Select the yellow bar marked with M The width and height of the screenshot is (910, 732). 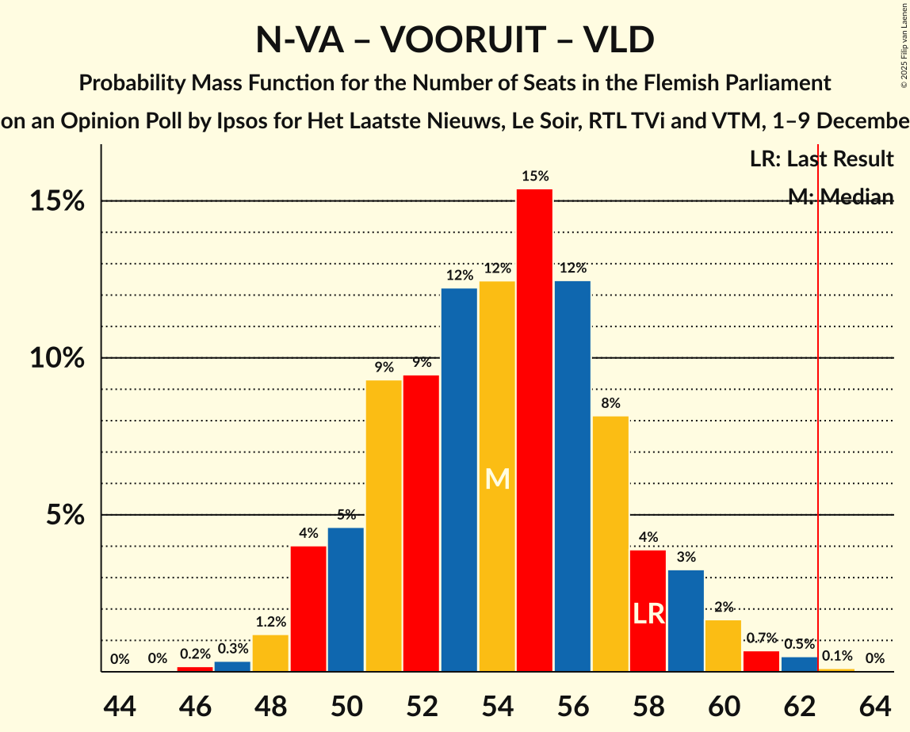coord(497,476)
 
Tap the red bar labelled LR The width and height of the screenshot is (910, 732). coord(648,611)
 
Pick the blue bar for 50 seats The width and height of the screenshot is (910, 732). coord(346,600)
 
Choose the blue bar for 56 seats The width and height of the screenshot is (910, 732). coord(572,476)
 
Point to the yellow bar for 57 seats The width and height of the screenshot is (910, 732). coord(610,543)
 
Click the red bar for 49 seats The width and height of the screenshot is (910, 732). coord(308,608)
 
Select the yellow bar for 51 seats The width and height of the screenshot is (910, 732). coord(384,526)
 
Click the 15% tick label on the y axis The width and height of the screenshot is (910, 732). coord(58,201)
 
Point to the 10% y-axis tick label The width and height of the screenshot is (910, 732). coord(58,358)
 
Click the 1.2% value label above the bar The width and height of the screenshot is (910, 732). coord(270,622)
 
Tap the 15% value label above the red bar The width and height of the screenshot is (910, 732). coord(534,176)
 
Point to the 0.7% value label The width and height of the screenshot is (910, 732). coord(761,638)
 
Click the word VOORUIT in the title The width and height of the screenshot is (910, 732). coord(454,40)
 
